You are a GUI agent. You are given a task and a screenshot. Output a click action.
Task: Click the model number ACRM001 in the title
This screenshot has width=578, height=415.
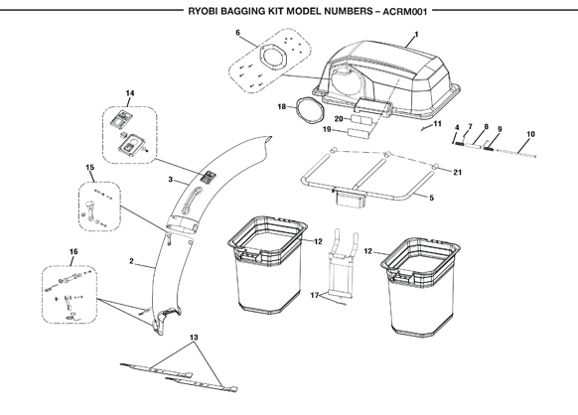(405, 12)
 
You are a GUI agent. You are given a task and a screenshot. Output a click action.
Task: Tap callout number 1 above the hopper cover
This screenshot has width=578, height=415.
(416, 35)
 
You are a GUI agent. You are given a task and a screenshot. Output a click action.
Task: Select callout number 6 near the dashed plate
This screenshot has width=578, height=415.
(237, 33)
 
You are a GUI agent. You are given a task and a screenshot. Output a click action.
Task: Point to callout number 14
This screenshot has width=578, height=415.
(130, 93)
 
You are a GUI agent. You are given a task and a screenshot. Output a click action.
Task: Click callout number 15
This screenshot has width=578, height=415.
(90, 168)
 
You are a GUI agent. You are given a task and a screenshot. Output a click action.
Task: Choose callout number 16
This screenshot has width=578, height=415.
(73, 252)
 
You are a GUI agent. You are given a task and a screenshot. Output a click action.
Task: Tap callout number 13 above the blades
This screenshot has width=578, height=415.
(194, 338)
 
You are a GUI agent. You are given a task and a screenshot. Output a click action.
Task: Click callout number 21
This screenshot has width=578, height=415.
(458, 172)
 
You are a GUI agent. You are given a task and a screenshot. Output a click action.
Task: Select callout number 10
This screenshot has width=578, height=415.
(530, 134)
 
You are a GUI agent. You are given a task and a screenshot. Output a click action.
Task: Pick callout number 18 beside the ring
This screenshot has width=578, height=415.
(282, 107)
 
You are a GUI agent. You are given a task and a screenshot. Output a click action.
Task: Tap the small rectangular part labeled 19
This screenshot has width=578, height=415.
(358, 133)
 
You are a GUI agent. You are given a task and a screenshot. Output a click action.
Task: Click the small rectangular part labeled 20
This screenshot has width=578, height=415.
(361, 120)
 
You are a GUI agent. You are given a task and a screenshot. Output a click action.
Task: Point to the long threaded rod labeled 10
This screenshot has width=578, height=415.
(516, 153)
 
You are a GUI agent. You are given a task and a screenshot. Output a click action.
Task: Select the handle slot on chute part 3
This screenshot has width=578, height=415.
(192, 201)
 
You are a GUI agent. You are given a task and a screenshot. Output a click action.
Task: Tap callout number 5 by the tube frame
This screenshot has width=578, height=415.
(431, 198)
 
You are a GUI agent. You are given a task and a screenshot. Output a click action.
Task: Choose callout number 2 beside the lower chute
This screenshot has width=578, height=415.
(132, 261)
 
